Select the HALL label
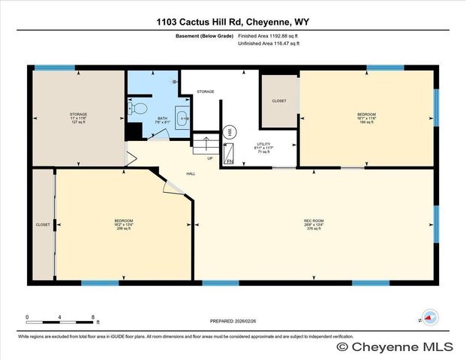click(191, 175)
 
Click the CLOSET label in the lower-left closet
click(43, 224)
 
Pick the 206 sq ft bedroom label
click(123, 224)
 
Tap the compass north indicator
click(430, 317)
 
